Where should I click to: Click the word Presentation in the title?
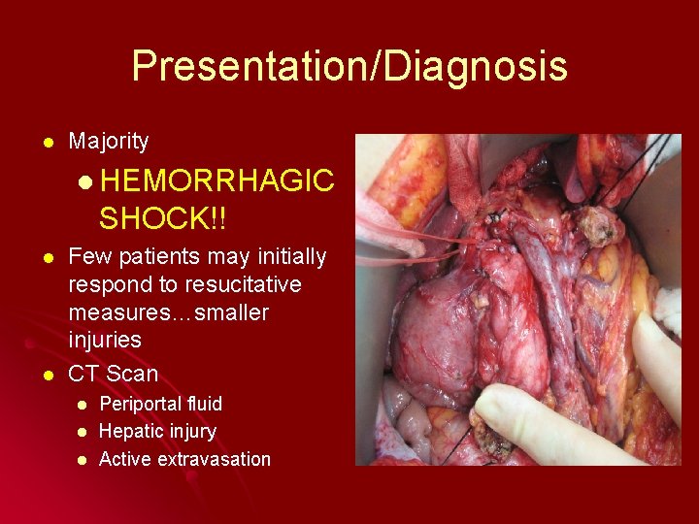245,66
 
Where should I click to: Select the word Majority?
109,142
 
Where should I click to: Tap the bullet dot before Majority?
36,143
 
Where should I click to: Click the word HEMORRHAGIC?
216,181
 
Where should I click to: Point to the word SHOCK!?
161,219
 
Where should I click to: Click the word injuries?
105,341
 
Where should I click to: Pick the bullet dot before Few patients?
36,258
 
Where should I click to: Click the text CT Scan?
113,374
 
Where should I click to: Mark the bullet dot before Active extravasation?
83,460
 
